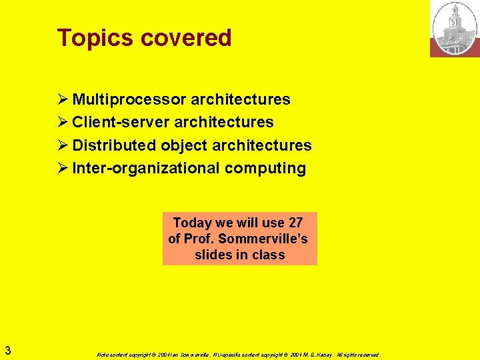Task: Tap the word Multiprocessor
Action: [x=129, y=100]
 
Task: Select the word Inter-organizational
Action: [x=145, y=168]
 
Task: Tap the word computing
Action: [x=265, y=168]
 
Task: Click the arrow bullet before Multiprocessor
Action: [x=63, y=100]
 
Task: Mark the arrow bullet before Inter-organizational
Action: [x=63, y=168]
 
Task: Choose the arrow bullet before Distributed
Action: [x=63, y=145]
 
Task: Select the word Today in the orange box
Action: [x=192, y=223]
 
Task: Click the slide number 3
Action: [x=7, y=350]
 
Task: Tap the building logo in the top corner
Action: [x=455, y=28]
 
